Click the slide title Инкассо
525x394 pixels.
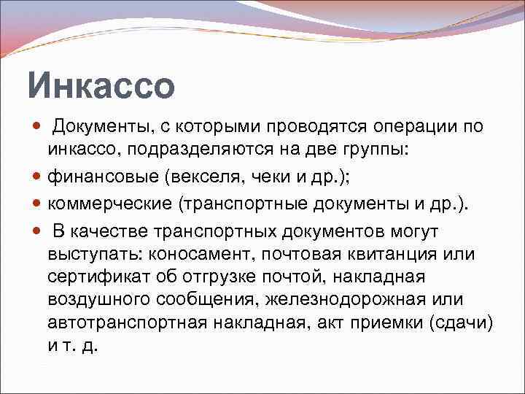coord(101,85)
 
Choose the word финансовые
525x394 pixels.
coord(103,177)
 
